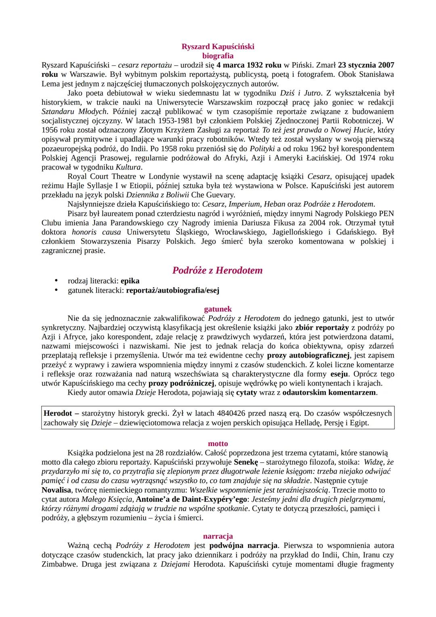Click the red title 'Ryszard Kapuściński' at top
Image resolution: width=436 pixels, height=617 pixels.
point(218,46)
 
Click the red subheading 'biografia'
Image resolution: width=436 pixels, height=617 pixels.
point(218,56)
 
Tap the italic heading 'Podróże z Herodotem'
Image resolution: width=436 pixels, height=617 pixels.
point(217,270)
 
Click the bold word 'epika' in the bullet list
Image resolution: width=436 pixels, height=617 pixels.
point(130,281)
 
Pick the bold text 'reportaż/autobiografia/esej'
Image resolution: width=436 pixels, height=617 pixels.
point(173,290)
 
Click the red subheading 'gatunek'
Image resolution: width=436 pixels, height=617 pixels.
point(218,309)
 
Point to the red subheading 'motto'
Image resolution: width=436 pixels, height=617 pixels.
point(218,444)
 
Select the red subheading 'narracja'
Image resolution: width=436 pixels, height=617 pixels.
point(218,537)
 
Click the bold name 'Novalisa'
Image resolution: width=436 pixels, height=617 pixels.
point(58,490)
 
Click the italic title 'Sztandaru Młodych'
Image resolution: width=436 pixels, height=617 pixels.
point(75,112)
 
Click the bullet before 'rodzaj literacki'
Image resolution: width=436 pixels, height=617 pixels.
point(57,281)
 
